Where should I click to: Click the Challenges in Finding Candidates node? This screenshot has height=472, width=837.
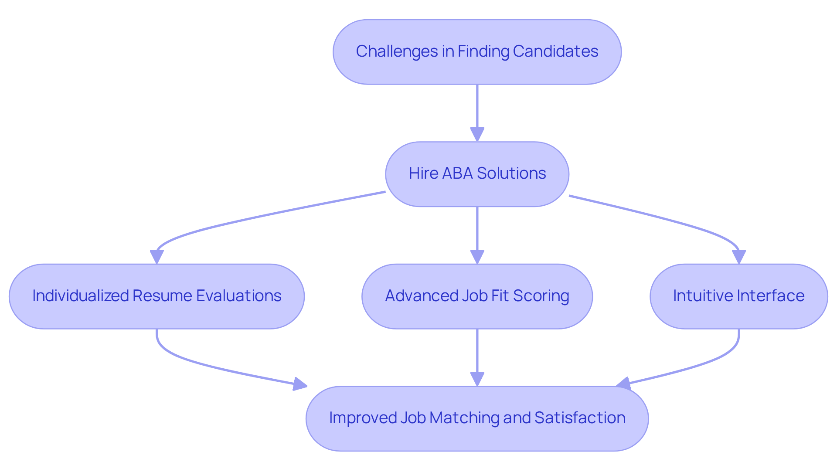(477, 52)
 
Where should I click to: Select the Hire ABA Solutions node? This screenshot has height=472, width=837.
(477, 174)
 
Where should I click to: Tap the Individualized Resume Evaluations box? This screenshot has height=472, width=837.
(157, 296)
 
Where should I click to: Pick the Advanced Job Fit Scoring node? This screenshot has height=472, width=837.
(477, 296)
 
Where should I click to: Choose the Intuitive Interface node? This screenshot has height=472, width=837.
(738, 296)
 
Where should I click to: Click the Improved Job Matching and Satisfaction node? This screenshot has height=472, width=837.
(477, 418)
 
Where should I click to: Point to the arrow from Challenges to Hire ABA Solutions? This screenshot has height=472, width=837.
(477, 111)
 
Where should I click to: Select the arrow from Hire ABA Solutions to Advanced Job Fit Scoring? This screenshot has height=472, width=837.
(477, 233)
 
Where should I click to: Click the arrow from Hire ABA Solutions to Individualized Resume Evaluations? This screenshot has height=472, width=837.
(262, 216)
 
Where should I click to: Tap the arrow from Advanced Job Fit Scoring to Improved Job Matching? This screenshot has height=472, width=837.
(477, 355)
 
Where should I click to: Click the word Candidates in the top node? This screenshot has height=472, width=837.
(555, 51)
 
